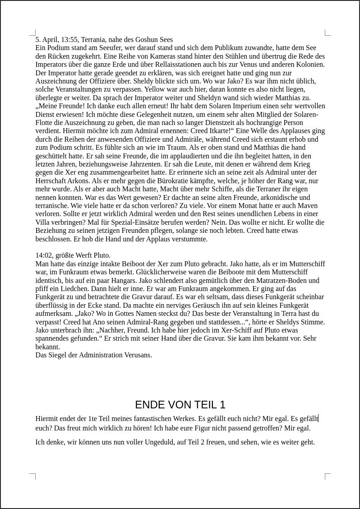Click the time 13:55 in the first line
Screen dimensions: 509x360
point(69,40)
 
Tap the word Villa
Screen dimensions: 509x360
point(44,222)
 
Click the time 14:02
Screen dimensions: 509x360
point(44,255)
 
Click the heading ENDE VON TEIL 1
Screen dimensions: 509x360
point(180,404)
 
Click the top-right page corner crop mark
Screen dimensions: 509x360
point(328,32)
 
